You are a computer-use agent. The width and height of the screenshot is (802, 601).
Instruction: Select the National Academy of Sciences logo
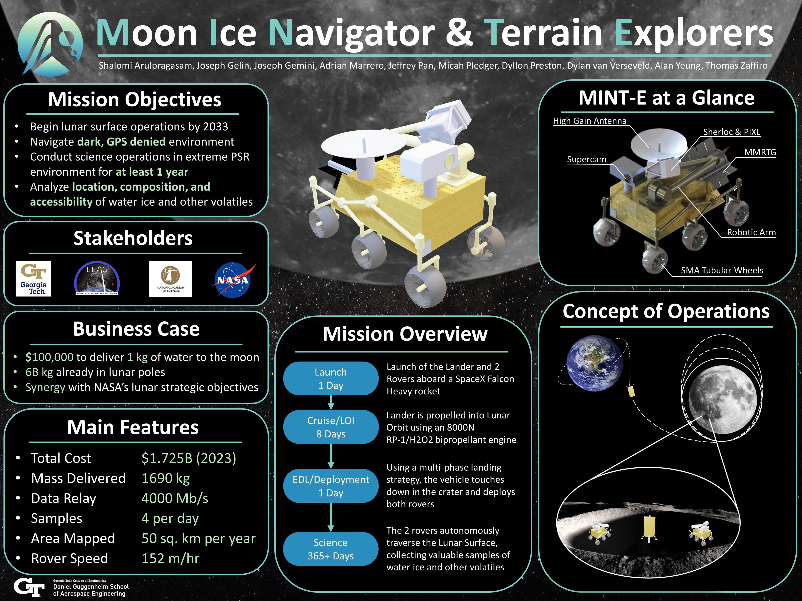tap(170, 279)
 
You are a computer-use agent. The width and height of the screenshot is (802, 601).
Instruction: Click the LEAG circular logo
tap(97, 279)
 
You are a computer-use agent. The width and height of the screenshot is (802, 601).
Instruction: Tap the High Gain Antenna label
tap(589, 121)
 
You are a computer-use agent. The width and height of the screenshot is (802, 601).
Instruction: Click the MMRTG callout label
tap(760, 152)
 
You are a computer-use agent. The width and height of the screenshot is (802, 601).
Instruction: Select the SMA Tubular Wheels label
tap(722, 270)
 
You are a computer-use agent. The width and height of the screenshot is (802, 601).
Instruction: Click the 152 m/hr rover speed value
tap(170, 558)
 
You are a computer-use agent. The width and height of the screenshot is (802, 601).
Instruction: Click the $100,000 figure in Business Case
tap(49, 357)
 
